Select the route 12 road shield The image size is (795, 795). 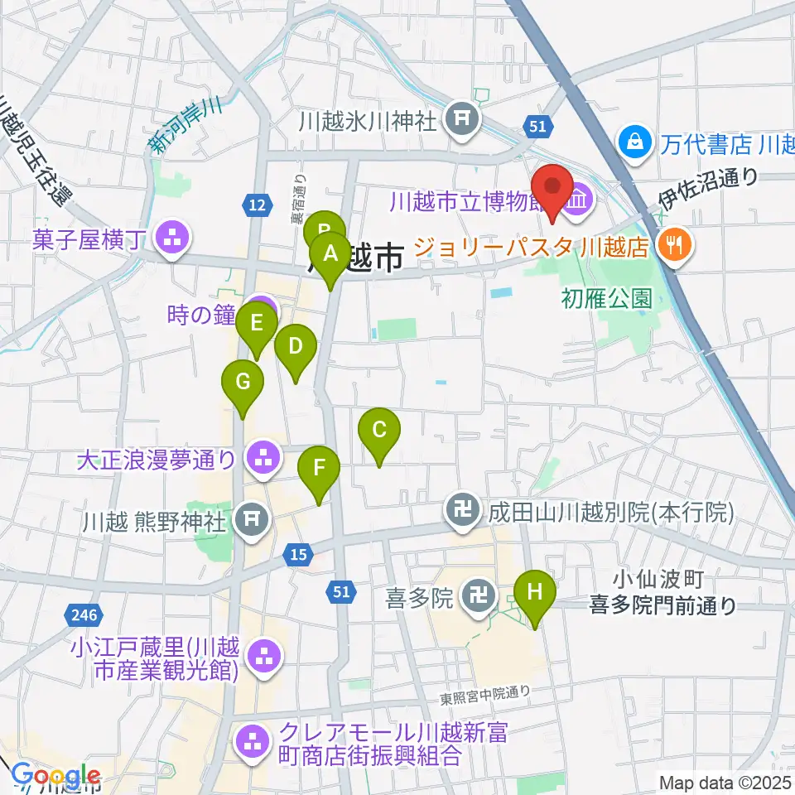point(257,204)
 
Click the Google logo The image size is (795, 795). point(56,776)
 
